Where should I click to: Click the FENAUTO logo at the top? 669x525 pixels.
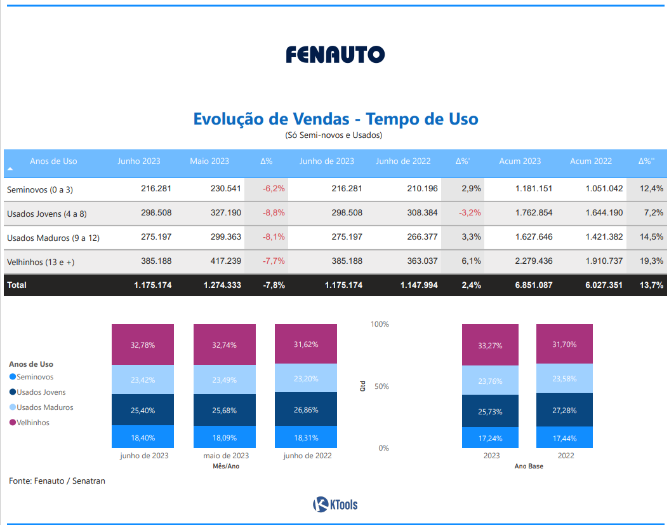point(335,55)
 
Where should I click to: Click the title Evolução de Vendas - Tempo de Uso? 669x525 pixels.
point(335,119)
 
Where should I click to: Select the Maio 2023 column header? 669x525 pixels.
point(209,161)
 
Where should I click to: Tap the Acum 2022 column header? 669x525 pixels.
point(590,161)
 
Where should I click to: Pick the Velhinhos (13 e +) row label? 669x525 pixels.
point(41,261)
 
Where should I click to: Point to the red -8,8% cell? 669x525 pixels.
point(274,213)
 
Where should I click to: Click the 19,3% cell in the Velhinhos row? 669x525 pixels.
point(652,261)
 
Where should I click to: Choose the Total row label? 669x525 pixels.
point(17,285)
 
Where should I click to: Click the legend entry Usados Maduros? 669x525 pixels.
point(44,407)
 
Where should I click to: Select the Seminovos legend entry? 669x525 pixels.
point(35,377)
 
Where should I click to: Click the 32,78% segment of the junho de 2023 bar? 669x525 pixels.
point(143,345)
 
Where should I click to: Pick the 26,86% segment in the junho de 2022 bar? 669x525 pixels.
point(306,410)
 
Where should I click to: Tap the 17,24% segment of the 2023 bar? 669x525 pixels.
point(491,439)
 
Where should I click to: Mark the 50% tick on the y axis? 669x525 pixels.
point(380,386)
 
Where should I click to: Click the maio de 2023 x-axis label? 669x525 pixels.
point(226,456)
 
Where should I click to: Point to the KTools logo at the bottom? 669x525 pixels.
point(335,505)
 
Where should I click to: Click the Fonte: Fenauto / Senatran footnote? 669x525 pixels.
point(57,481)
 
